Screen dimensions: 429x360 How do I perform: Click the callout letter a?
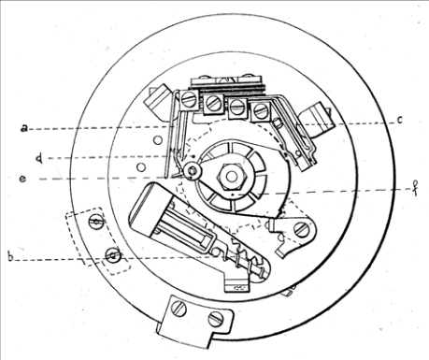24,128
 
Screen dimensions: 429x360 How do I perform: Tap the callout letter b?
11,257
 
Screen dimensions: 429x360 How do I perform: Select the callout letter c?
400,120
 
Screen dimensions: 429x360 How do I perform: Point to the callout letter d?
39,158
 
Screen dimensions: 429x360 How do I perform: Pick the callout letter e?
22,179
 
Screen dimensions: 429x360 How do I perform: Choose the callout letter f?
415,188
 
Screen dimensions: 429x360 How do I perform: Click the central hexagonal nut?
232,177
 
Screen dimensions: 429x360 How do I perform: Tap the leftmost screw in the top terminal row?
189,99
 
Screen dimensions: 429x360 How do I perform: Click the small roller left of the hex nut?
192,171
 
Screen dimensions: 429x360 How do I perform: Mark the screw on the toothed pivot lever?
301,229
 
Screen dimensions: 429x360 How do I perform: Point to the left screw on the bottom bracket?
180,309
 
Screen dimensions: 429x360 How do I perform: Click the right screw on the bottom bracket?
215,319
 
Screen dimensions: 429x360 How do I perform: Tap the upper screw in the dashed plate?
96,222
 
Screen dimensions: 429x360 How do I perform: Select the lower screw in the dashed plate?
113,255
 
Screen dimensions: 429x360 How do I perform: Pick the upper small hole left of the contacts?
158,140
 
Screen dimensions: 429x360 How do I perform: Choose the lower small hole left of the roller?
141,167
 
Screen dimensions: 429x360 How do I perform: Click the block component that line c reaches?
316,119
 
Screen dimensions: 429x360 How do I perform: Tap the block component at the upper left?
158,101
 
